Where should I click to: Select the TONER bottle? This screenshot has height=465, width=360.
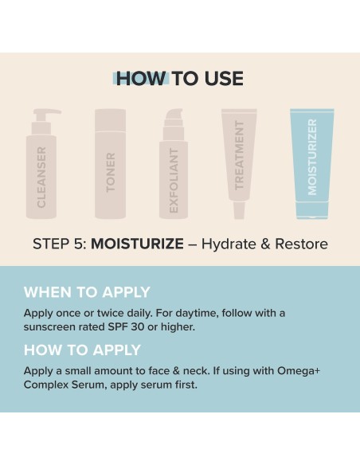point(110,165)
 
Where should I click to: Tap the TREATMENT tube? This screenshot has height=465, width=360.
point(239,159)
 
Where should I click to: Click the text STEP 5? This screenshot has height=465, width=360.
point(60,244)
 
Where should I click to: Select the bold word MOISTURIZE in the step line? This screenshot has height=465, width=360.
point(137,244)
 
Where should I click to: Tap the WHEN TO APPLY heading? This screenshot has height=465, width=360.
point(87,291)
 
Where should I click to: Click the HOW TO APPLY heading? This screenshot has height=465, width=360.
point(82,350)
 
